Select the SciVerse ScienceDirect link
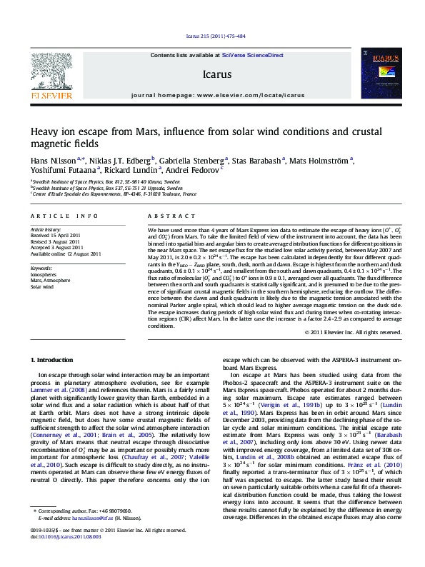tap(253, 55)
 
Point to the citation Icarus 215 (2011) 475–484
tap(212, 36)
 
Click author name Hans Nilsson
tap(54, 161)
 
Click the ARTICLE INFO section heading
tap(64, 216)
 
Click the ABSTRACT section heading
tap(165, 216)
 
